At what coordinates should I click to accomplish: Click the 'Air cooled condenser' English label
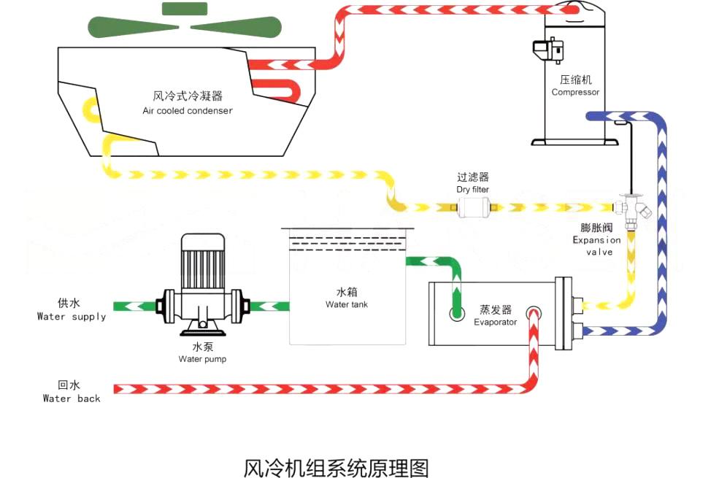coord(188,111)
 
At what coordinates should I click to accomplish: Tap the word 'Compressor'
coord(575,93)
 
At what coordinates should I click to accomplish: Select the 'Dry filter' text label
coord(472,190)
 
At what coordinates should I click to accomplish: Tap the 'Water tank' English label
coord(347,304)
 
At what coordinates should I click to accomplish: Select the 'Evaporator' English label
coord(495,322)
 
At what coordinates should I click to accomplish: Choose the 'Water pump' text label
coord(202,359)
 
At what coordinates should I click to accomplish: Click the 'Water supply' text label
coord(72,317)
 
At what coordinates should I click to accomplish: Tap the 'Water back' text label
coord(72,398)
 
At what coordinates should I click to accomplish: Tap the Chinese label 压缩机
coord(575,80)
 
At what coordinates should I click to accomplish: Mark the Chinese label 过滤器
coord(472,177)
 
